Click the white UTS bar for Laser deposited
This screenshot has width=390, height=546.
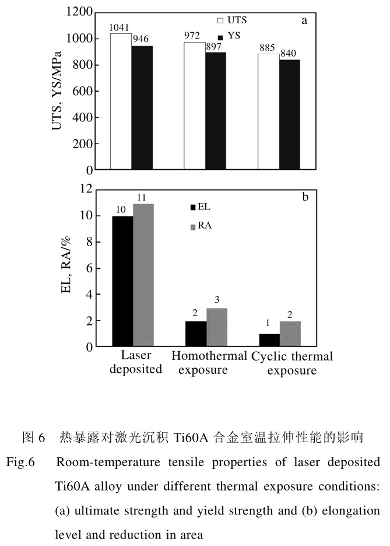[121, 102]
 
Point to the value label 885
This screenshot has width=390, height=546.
[268, 48]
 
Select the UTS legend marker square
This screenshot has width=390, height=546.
[220, 21]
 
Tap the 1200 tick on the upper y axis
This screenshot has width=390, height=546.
[80, 12]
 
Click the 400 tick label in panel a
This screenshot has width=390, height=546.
[83, 117]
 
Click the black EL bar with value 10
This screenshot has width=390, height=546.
[122, 281]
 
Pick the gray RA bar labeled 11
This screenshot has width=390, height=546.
[143, 275]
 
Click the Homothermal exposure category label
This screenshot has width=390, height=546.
[200, 363]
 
